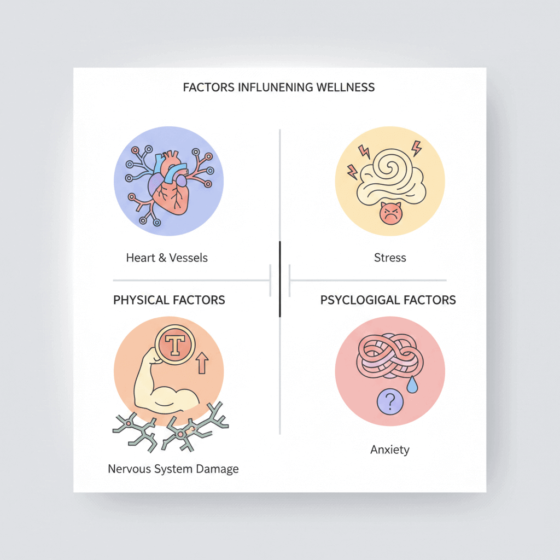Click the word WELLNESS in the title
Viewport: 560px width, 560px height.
[x=346, y=87]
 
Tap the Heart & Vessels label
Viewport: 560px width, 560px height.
[x=167, y=258]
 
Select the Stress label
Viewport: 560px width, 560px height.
[x=390, y=258]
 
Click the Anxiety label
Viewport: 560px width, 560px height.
[x=390, y=450]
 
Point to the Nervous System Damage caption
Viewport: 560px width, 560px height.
[x=173, y=469]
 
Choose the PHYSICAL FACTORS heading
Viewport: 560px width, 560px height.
[x=169, y=300]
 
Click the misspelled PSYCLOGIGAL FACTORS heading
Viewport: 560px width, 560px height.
[x=388, y=300]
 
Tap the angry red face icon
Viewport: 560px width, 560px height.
[x=390, y=213]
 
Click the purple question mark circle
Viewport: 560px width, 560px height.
[x=390, y=401]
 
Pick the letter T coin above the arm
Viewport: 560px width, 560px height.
[x=175, y=345]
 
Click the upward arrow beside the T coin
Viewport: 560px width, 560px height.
[x=202, y=363]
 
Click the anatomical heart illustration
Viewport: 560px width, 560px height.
[x=170, y=184]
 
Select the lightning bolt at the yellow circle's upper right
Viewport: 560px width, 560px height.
[x=416, y=148]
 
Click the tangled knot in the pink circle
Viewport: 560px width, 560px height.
[x=390, y=356]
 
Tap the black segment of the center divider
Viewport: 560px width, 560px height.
[x=279, y=279]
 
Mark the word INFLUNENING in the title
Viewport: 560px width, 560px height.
[x=275, y=87]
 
